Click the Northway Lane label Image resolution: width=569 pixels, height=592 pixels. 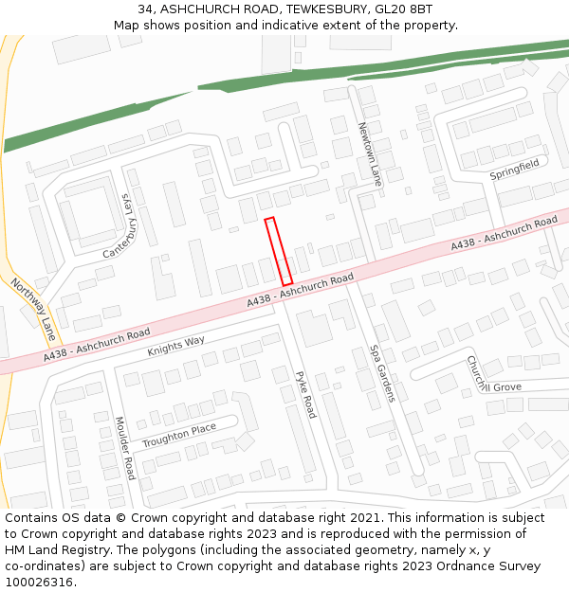[x=34, y=309]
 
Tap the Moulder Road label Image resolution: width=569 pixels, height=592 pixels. [x=124, y=448]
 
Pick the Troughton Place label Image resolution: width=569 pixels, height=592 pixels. [x=179, y=436]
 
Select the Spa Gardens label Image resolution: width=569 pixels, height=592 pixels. [x=381, y=373]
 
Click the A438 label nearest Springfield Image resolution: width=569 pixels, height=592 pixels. [x=504, y=233]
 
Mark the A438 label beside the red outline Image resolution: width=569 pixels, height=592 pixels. [x=300, y=289]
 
